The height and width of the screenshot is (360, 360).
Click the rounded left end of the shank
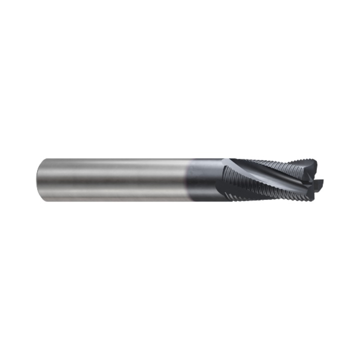click(x=39, y=179)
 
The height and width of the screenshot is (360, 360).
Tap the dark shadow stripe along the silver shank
click(x=110, y=192)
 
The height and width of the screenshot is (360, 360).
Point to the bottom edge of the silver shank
click(x=110, y=200)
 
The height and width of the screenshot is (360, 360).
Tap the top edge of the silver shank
click(x=110, y=159)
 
